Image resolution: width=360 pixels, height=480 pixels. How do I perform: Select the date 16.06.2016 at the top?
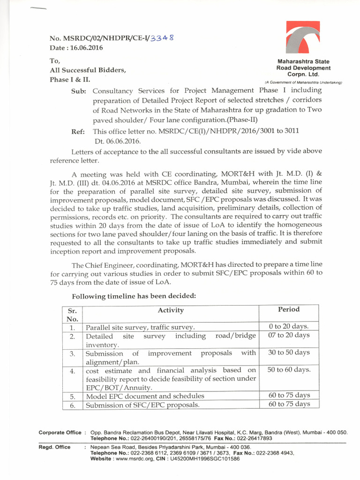pyautogui.click(x=76, y=48)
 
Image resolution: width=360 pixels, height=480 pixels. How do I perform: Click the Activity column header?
pyautogui.click(x=171, y=310)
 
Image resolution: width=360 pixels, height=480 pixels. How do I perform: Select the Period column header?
pyautogui.click(x=289, y=309)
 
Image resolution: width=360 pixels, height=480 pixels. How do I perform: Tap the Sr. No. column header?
pyautogui.click(x=72, y=315)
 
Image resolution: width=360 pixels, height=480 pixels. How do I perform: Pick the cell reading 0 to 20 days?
pyautogui.click(x=289, y=326)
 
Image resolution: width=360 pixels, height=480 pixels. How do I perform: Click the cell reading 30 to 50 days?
pyautogui.click(x=289, y=352)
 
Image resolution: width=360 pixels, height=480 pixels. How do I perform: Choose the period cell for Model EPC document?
pyautogui.click(x=289, y=395)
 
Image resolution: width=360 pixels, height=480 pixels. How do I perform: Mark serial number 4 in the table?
pyautogui.click(x=72, y=371)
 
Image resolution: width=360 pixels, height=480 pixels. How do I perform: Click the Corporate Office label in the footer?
pyautogui.click(x=59, y=432)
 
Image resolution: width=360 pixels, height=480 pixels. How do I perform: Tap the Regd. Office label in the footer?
pyautogui.click(x=54, y=447)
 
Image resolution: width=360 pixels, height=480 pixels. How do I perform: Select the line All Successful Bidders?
pyautogui.click(x=88, y=70)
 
